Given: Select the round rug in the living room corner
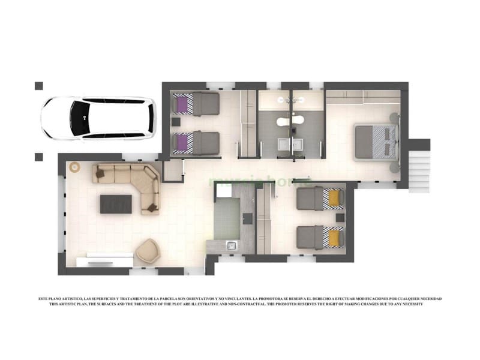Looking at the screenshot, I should pos(76,167).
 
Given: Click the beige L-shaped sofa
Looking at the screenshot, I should pos(133,182).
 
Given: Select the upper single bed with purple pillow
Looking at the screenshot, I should pos(195,104).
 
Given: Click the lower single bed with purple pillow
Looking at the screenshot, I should pos(195,143).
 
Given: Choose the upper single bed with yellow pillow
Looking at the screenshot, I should pos(321,199).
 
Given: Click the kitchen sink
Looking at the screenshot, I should pos(230,245).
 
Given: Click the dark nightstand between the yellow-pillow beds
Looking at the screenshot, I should pos(340,217).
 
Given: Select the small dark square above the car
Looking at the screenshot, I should pos(39,86).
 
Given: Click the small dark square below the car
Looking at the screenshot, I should pos(39,157).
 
